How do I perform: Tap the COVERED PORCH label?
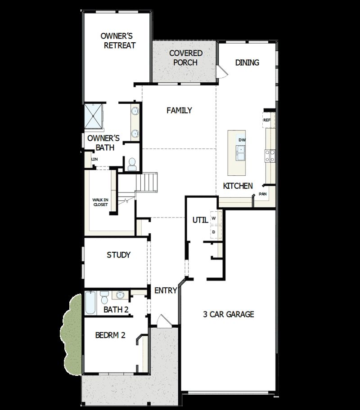[x=185, y=58]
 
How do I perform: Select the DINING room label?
[x=247, y=62]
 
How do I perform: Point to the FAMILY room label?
[x=179, y=110]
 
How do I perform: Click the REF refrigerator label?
[x=267, y=120]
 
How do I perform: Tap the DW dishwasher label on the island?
[x=242, y=140]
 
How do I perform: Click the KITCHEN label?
[x=238, y=186]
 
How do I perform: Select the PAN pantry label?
[x=262, y=194]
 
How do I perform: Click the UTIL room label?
[x=200, y=220]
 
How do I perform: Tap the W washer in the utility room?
[x=214, y=218]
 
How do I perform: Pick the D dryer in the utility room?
[x=214, y=232]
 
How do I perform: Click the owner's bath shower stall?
[x=94, y=116]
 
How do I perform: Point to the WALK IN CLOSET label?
[x=100, y=202]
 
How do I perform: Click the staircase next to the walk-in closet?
[x=148, y=182]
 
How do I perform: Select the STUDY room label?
[x=119, y=255]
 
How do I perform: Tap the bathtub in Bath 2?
[x=90, y=303]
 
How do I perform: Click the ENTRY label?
[x=166, y=290]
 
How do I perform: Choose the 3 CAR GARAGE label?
[x=228, y=314]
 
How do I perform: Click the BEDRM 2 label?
[x=110, y=335]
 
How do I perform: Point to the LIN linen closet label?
[x=94, y=159]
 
